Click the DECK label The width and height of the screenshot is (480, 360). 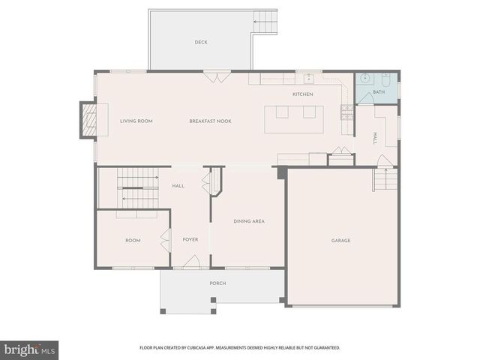coord(201,42)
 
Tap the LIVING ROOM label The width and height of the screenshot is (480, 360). coord(136,121)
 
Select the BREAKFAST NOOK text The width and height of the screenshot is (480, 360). coord(209,121)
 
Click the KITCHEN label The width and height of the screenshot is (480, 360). coord(302,94)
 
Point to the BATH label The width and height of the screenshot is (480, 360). coord(378,92)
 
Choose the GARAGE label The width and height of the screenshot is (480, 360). coord(341,241)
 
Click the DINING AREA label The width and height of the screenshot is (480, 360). coord(249,221)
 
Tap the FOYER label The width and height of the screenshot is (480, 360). coord(190,240)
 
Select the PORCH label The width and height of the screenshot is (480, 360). coord(217,283)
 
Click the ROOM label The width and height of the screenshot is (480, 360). coord(133,241)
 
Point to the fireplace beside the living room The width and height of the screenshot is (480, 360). coord(89,121)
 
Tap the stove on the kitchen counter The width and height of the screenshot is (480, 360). coord(346,112)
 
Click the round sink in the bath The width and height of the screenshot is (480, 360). coord(364,79)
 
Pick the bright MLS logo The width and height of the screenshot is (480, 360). coord(30,349)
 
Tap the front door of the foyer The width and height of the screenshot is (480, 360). coord(192,263)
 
